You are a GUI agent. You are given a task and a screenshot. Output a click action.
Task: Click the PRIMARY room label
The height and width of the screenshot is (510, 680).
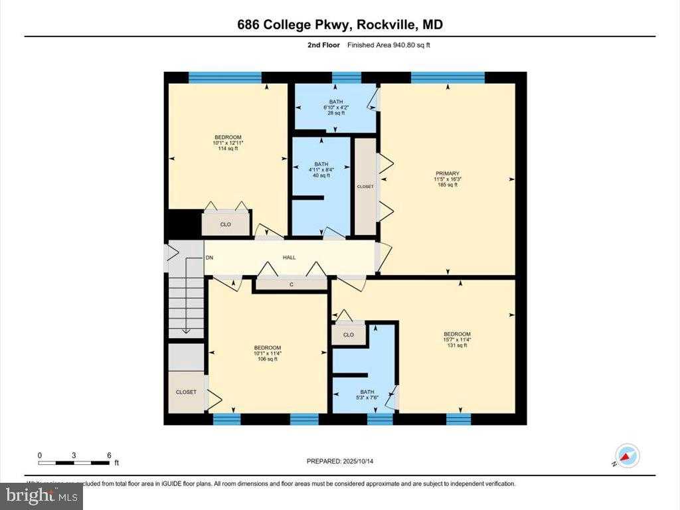pyautogui.click(x=448, y=173)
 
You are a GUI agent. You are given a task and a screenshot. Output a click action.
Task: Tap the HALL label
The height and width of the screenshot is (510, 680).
pyautogui.click(x=290, y=258)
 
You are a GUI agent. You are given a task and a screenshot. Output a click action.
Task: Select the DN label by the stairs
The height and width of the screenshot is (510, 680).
pyautogui.click(x=209, y=258)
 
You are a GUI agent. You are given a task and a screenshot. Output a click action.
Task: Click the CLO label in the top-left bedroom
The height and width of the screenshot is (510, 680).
pyautogui.click(x=226, y=224)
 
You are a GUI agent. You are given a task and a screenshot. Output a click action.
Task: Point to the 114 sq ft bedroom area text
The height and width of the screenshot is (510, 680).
pyautogui.click(x=228, y=149)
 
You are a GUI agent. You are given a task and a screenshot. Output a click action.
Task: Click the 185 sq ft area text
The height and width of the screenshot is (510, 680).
pyautogui.click(x=448, y=185)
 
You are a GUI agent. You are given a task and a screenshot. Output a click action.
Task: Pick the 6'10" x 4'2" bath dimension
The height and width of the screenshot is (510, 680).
pyautogui.click(x=336, y=108)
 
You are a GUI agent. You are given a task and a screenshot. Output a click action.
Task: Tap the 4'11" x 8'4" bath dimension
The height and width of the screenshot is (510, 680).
pyautogui.click(x=321, y=169)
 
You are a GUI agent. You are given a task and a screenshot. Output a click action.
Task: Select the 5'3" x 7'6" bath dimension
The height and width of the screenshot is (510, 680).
pyautogui.click(x=367, y=398)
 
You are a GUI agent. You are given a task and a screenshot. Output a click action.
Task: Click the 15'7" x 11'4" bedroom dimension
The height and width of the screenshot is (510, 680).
pyautogui.click(x=457, y=340)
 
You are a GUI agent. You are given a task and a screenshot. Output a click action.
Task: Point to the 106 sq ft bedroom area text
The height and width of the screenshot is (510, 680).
pyautogui.click(x=268, y=359)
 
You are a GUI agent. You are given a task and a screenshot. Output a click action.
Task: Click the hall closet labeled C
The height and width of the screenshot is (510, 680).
pyautogui.click(x=291, y=284)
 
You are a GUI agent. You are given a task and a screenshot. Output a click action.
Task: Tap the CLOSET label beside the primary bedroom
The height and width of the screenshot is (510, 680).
pyautogui.click(x=365, y=187)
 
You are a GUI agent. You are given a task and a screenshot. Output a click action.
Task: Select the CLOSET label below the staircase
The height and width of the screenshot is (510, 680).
pyautogui.click(x=186, y=392)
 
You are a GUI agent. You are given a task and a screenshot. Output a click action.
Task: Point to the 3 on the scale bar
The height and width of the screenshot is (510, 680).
pyautogui.click(x=74, y=455)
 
